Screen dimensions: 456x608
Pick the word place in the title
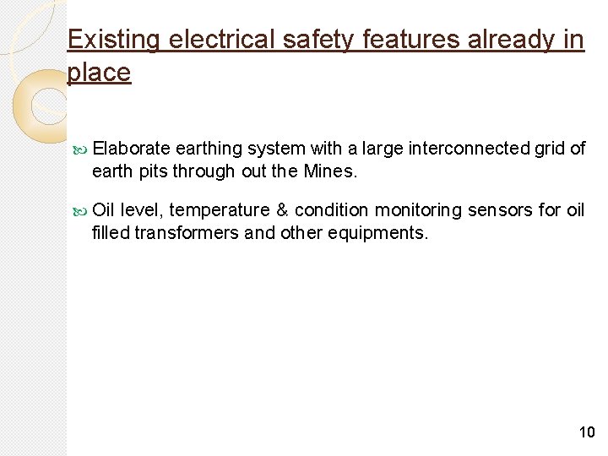[x=99, y=73]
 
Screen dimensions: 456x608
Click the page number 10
[x=586, y=432]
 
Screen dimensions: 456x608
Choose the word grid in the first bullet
[x=550, y=149]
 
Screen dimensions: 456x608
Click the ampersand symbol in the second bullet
[x=283, y=209]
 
